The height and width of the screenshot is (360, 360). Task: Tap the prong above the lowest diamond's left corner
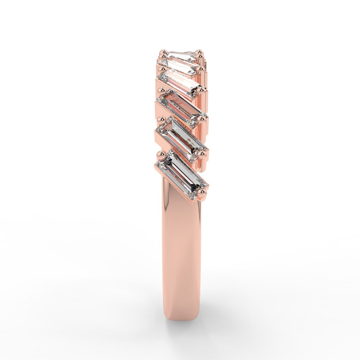[x=161, y=154]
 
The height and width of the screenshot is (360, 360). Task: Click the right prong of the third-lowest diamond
[x=201, y=120]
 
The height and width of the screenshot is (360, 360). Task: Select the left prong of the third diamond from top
[x=162, y=68]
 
